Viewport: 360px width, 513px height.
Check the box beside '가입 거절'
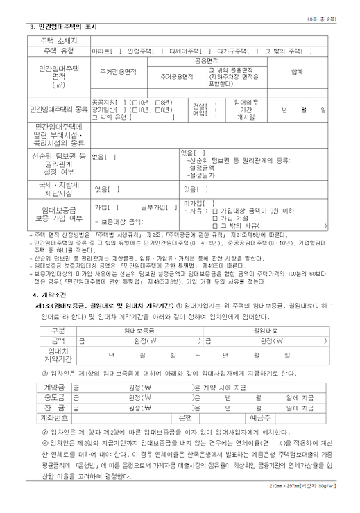(235, 218)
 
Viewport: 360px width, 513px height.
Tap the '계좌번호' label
(55, 418)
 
